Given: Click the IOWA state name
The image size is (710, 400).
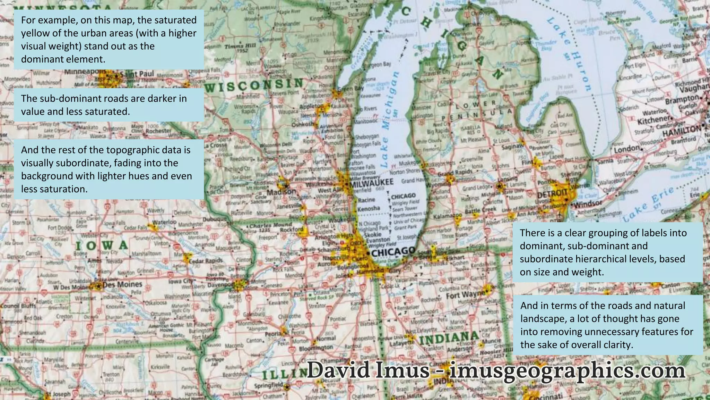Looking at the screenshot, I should click(102, 245).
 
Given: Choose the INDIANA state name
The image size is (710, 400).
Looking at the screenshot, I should click(449, 338).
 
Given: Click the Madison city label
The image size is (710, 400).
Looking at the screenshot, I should click(281, 192).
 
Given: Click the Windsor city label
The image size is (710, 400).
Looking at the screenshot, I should click(588, 203).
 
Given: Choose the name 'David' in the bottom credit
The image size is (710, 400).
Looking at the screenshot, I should click(338, 370).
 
